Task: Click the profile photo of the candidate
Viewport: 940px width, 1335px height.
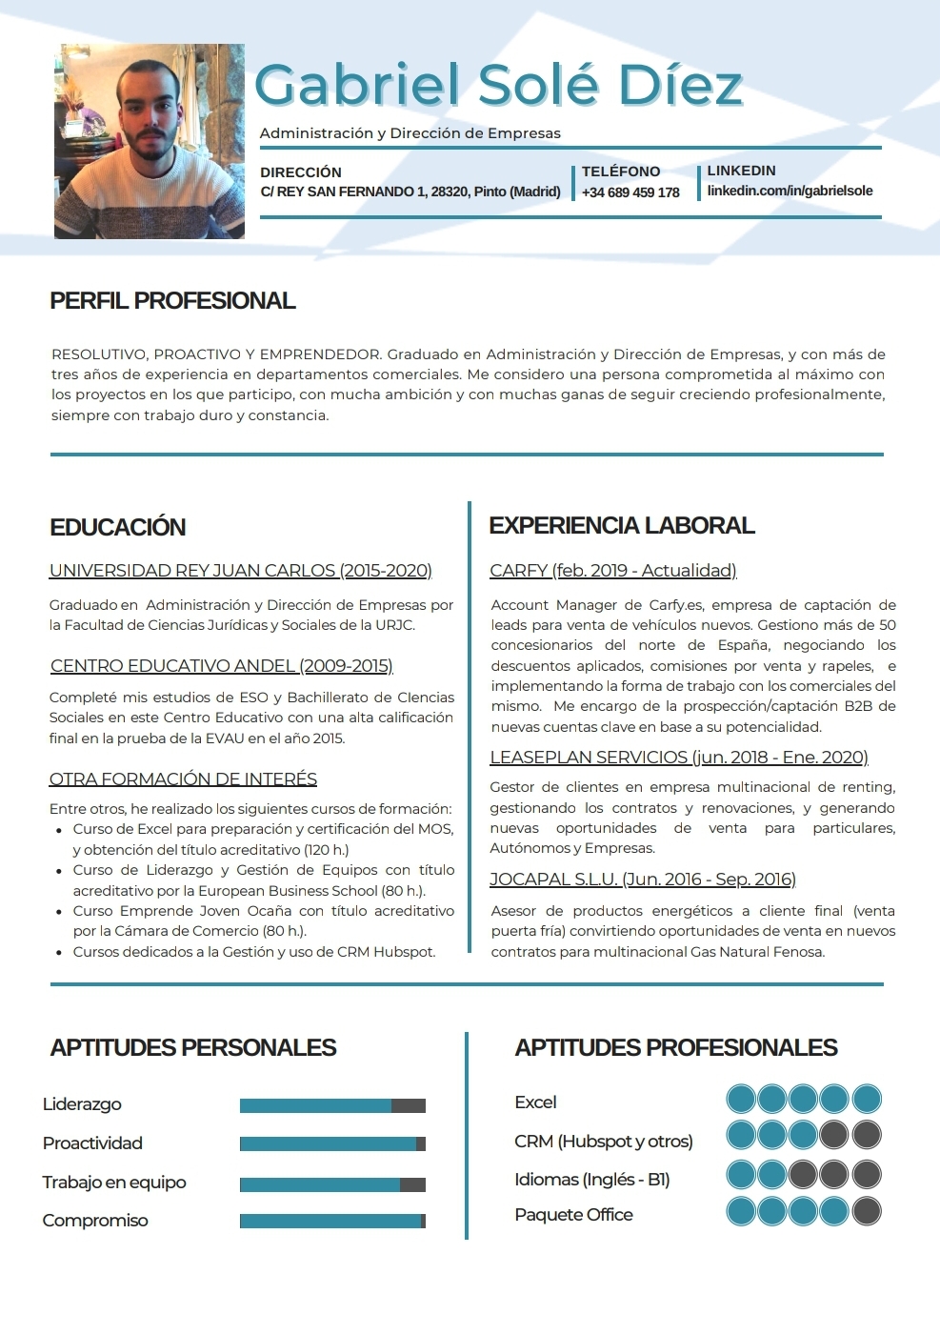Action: point(150,141)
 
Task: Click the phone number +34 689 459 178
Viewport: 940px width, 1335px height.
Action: point(630,192)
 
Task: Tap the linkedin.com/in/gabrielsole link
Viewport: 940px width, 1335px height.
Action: point(790,191)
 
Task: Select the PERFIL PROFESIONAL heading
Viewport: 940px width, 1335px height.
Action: point(172,301)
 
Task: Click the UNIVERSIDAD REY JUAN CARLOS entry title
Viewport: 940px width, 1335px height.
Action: point(240,571)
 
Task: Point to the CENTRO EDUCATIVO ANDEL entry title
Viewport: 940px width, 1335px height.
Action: point(221,666)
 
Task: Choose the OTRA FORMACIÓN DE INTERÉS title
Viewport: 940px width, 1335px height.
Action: point(183,779)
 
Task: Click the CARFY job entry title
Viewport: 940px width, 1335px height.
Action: point(612,571)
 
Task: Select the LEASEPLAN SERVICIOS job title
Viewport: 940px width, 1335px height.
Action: point(678,758)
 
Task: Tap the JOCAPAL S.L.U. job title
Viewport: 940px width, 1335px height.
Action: point(642,880)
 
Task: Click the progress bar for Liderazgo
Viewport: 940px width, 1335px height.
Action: point(332,1105)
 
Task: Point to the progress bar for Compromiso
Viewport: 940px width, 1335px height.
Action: point(332,1221)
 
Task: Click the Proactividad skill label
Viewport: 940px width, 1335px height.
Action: point(92,1143)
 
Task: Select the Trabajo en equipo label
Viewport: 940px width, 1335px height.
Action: point(114,1183)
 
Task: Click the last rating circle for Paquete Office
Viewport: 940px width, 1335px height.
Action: point(867,1211)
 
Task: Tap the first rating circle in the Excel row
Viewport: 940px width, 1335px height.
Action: point(741,1099)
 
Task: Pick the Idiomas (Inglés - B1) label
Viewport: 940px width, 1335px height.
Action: point(591,1180)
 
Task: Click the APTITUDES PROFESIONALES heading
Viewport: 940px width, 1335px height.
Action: point(675,1048)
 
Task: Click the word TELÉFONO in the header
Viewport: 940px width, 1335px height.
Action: point(621,172)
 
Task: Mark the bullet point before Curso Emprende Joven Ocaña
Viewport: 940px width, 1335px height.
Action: point(59,912)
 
